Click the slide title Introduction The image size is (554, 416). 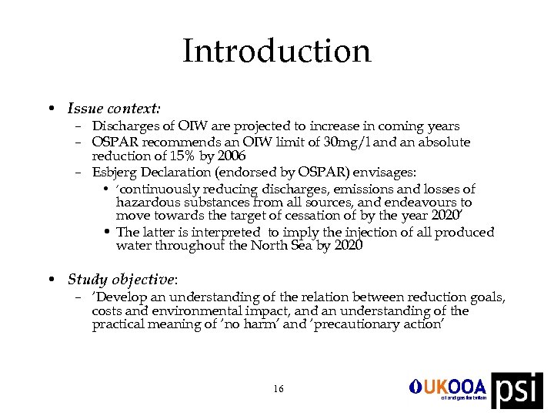tap(276, 51)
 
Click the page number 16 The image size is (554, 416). tap(278, 389)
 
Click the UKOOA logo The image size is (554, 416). tap(448, 388)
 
